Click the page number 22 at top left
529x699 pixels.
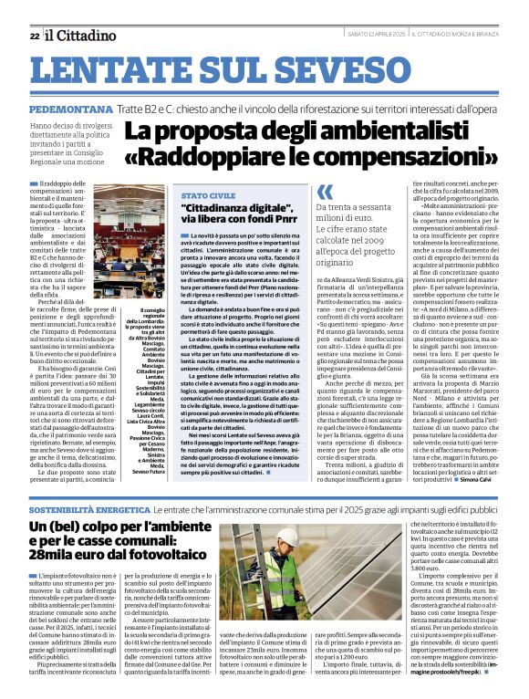(34, 36)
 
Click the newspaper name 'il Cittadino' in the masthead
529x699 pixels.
(82, 35)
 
